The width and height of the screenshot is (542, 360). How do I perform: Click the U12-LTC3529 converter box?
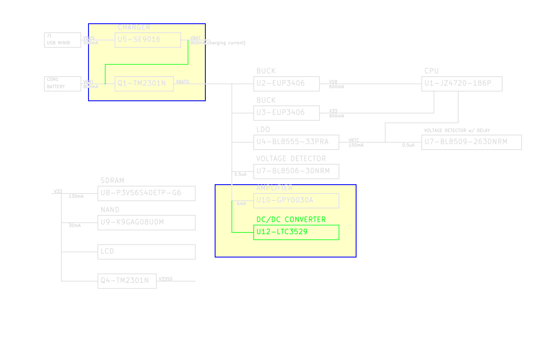[296, 233]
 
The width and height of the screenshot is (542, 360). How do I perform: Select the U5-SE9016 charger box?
[148, 40]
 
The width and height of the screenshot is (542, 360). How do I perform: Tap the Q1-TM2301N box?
[144, 83]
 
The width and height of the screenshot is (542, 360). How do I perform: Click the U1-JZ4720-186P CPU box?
[462, 83]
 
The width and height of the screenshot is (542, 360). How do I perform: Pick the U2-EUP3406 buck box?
[286, 83]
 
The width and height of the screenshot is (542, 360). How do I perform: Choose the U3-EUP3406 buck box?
[286, 113]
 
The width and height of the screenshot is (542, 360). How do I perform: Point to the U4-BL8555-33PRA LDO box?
[296, 142]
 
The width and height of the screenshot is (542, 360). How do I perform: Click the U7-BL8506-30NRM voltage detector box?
[296, 171]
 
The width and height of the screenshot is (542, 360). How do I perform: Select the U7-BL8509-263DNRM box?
[471, 142]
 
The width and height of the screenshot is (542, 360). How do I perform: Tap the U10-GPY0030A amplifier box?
[296, 200]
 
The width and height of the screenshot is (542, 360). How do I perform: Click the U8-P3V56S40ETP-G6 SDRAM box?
[146, 193]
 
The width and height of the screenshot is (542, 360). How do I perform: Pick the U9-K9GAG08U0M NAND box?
[146, 222]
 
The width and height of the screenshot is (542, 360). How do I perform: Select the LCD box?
[146, 252]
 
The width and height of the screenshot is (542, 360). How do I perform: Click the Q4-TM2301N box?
[127, 281]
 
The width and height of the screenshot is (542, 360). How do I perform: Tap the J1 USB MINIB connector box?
[62, 40]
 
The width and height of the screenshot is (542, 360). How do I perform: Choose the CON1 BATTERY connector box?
[62, 83]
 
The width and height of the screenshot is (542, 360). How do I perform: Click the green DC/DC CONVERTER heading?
[291, 219]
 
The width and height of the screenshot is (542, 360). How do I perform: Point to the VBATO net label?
[183, 82]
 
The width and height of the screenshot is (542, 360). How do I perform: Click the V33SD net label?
[166, 279]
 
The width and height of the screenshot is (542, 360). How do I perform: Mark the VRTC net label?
[354, 140]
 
